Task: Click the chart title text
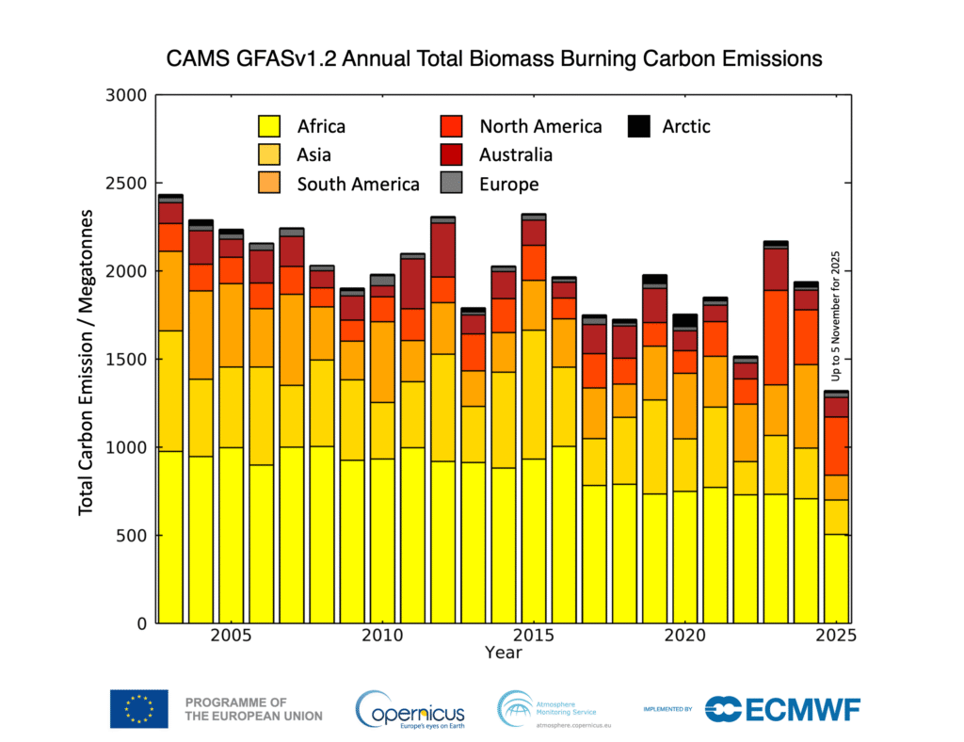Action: (494, 59)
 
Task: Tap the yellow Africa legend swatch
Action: (269, 126)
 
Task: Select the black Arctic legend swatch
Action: (639, 126)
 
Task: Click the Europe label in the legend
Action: (508, 184)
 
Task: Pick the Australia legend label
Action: (515, 154)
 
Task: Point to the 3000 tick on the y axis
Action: (126, 95)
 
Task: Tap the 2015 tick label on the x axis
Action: (533, 636)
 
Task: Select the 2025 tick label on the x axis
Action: (835, 636)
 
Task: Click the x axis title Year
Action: (503, 652)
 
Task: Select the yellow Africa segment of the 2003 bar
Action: (170, 537)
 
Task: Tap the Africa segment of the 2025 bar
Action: (836, 578)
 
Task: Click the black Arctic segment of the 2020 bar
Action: (684, 320)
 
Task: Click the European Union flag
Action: (138, 709)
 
